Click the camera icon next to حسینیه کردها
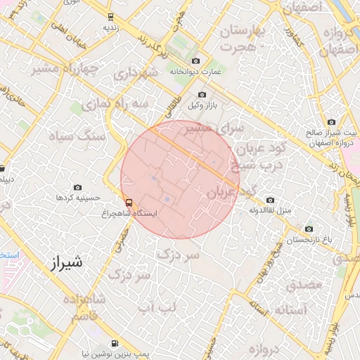[x=77, y=188]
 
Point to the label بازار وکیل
[x=202, y=105]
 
